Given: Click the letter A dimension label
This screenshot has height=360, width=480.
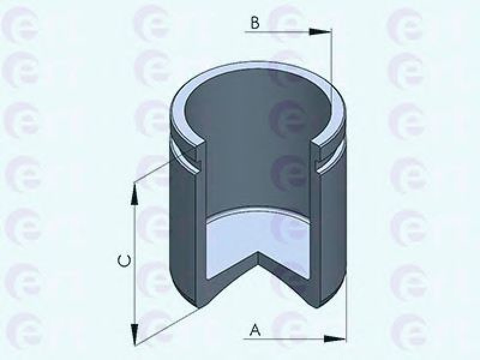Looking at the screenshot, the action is tap(256, 331).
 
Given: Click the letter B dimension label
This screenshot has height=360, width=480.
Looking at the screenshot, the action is tap(254, 23).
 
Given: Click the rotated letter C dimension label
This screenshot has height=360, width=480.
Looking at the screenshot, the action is tap(125, 260).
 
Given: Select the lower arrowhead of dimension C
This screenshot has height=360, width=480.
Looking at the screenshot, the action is tap(134, 335).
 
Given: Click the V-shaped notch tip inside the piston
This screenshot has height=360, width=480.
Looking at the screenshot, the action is tap(259, 252).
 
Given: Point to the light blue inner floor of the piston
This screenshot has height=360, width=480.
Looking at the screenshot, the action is tap(259, 242).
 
